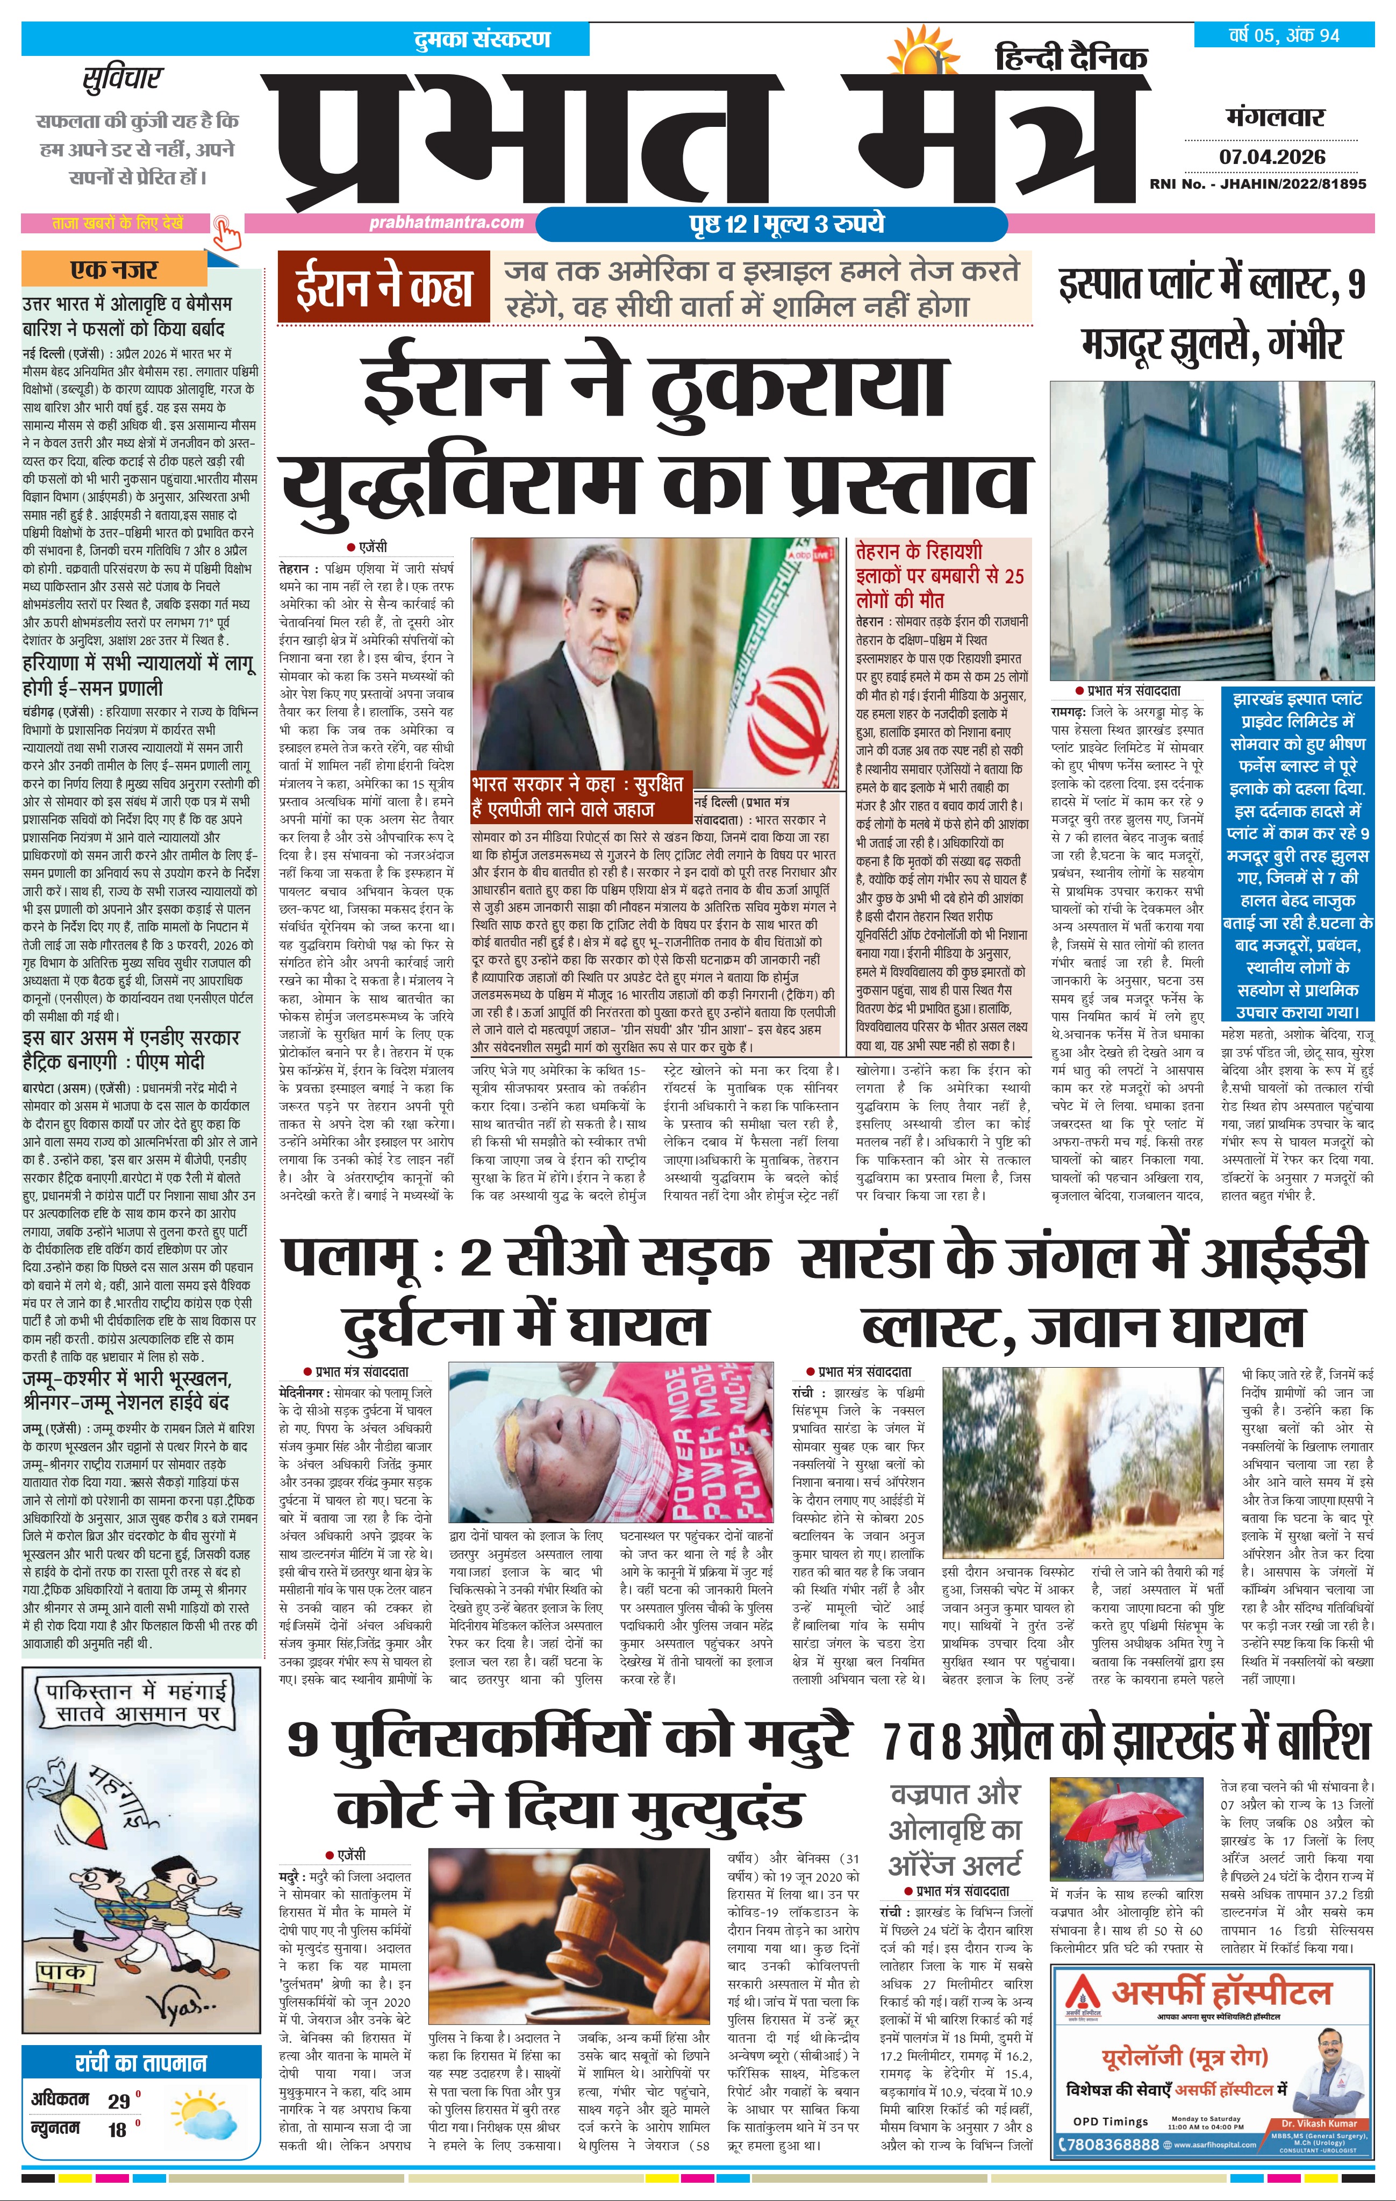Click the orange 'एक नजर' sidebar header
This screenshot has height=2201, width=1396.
click(114, 270)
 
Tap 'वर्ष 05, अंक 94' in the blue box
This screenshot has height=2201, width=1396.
click(1284, 35)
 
